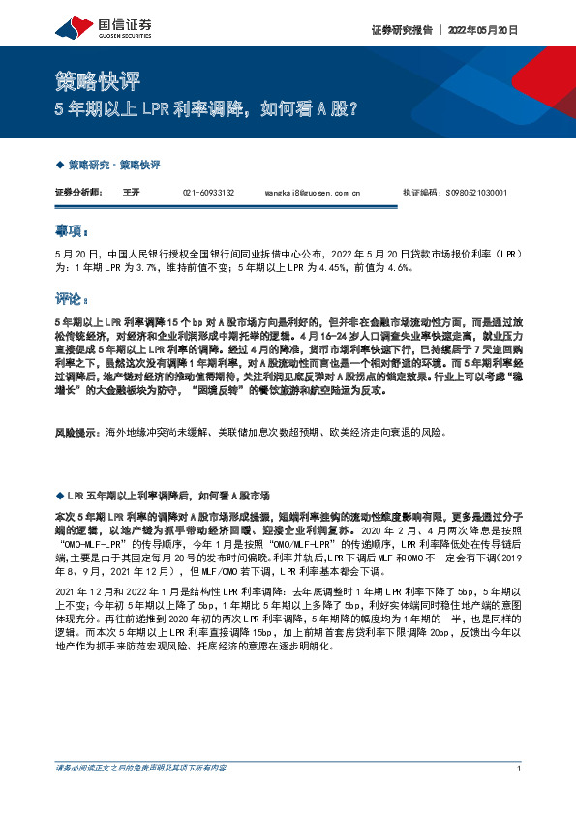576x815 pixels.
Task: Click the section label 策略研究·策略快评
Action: [x=113, y=166]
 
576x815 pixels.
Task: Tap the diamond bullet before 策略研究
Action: [x=60, y=166]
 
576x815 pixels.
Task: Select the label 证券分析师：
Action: [x=78, y=194]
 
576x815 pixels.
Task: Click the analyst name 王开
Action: [x=132, y=194]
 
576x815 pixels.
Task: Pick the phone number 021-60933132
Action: [x=208, y=194]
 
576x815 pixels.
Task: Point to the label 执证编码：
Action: [x=421, y=194]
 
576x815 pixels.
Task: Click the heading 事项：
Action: [x=72, y=232]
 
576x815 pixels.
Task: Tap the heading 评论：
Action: [x=72, y=299]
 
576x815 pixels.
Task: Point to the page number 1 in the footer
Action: [x=520, y=795]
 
